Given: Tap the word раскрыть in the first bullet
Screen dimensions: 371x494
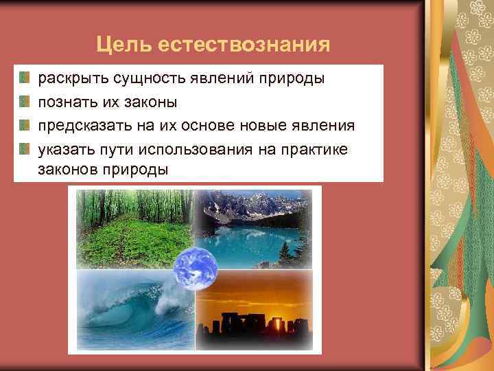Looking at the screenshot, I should [x=68, y=79].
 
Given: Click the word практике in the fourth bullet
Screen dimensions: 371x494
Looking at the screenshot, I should [x=318, y=149].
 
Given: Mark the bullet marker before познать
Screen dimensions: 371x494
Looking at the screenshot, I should [x=25, y=102].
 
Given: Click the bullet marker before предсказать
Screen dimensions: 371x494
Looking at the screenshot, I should [x=25, y=125].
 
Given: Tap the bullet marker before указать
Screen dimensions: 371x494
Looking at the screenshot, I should [x=25, y=148].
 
